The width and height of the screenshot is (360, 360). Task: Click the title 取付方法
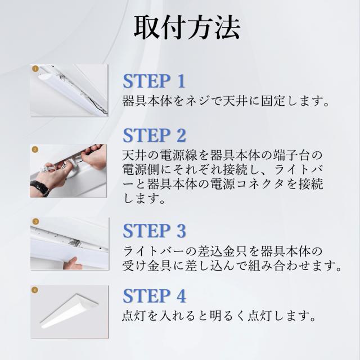(187, 28)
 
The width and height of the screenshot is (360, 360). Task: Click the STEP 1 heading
(154, 81)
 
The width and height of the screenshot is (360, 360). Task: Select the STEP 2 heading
(154, 135)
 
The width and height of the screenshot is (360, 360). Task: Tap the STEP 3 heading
(154, 231)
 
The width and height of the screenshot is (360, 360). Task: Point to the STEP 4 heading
(154, 296)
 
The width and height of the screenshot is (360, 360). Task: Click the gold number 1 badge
(35, 69)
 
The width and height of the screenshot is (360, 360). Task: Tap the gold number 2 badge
(35, 150)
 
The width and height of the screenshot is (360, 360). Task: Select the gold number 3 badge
(35, 222)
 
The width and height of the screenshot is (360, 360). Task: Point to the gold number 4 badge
(34, 290)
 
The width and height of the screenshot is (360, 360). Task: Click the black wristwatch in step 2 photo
(40, 187)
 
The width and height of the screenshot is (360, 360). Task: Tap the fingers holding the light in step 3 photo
(73, 263)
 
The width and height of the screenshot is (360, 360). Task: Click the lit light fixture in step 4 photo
(69, 311)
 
